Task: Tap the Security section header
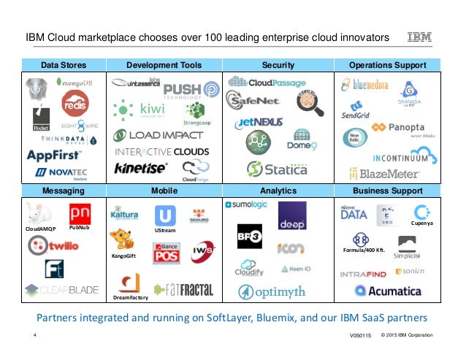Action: [x=278, y=65]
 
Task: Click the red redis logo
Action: [x=75, y=105]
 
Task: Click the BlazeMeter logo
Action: [x=384, y=173]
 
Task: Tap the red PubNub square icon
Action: [x=80, y=215]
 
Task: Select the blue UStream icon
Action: [x=165, y=215]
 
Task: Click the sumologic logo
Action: [x=246, y=204]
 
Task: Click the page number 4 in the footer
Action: [x=35, y=335]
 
